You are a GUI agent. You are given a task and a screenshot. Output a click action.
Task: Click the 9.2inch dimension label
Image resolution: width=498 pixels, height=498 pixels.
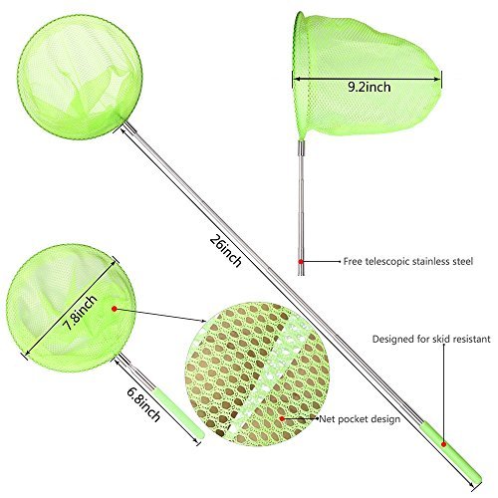coord(370,87)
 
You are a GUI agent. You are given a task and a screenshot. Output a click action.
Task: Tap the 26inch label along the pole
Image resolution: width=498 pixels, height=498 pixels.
coord(225,251)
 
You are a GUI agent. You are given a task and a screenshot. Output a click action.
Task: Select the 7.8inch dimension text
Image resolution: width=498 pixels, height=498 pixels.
coord(80,313)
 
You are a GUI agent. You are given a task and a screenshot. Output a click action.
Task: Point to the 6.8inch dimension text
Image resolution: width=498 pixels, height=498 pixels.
coord(143,404)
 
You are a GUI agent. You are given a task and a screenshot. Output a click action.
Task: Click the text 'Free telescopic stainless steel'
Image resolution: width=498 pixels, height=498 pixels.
coord(408,261)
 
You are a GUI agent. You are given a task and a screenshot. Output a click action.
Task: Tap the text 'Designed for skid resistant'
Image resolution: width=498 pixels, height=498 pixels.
coord(431,339)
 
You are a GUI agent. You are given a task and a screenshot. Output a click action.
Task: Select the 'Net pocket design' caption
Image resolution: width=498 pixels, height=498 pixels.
coord(360,419)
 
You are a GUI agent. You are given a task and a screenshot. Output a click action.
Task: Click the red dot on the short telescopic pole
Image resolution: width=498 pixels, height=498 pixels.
coord(301,262)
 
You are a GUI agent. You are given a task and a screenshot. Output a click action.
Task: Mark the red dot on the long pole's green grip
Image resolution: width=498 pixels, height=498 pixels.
coord(443,444)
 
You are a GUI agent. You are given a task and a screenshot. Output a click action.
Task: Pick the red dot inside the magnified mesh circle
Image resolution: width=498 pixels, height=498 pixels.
coord(282,418)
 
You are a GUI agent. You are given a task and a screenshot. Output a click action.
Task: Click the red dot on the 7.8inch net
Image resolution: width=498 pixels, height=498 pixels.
coord(115,309)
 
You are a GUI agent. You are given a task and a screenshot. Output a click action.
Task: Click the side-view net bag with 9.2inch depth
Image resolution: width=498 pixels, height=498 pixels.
coord(367,75)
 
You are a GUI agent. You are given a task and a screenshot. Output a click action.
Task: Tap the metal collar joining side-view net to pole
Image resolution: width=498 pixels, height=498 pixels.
coord(301,147)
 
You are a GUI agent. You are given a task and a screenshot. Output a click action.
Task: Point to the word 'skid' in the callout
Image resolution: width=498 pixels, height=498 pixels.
coord(441,339)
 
